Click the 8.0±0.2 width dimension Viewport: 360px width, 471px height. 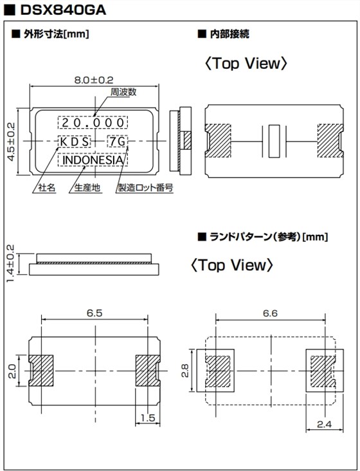point(93,80)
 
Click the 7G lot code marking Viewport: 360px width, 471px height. point(117,141)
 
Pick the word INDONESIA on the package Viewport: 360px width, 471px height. point(93,159)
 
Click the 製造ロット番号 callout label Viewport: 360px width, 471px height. point(146,188)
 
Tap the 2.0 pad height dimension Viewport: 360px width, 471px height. point(12,372)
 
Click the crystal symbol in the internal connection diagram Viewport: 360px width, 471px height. point(273,141)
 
